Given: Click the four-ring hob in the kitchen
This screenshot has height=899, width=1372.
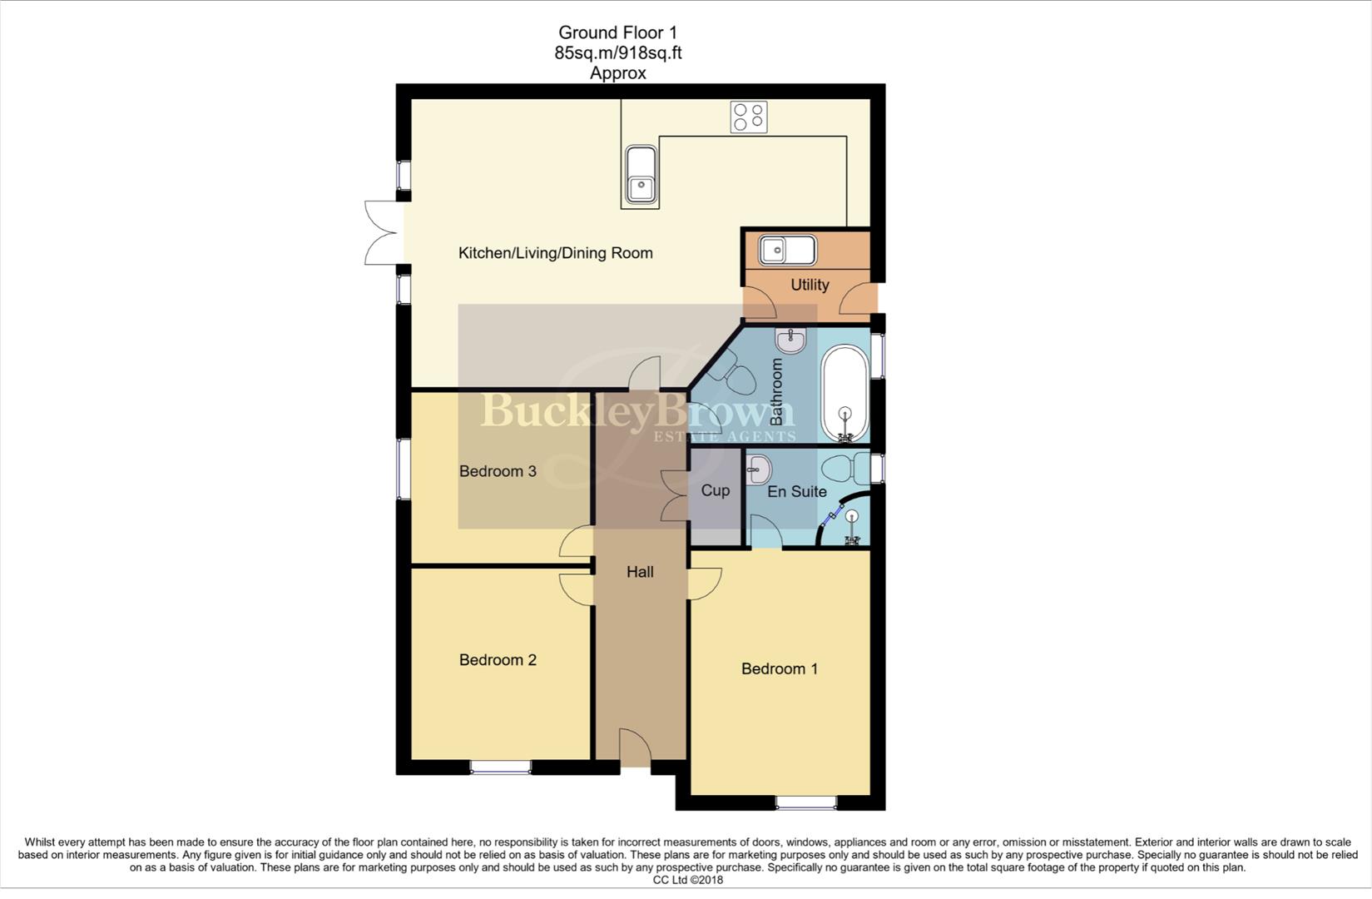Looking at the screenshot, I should [749, 117].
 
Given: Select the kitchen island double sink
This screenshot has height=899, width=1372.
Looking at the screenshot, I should [640, 176].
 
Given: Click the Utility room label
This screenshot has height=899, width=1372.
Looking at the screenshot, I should [810, 285].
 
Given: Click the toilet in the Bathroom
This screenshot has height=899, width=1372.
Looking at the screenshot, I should [731, 373].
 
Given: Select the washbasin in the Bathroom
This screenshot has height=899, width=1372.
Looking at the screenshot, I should [790, 340].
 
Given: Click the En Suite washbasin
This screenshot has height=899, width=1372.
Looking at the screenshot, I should [758, 470].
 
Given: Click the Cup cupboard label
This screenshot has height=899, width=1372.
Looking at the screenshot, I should [716, 490].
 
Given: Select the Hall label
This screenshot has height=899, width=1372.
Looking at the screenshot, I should [640, 572].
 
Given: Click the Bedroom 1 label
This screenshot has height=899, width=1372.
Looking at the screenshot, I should [780, 668].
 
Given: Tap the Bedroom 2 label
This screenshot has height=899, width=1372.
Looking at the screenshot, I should [498, 660].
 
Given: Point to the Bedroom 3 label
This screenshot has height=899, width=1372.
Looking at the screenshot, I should [498, 471].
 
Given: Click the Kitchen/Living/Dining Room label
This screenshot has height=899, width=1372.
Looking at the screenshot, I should [555, 253].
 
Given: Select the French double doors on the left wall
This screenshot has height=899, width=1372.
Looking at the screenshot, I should [382, 233].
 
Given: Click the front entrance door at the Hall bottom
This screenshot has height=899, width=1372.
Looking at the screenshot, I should [635, 748].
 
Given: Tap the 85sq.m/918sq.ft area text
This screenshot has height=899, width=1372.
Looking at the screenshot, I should [617, 52].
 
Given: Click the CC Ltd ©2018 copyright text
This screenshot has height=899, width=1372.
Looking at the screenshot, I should [687, 880].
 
